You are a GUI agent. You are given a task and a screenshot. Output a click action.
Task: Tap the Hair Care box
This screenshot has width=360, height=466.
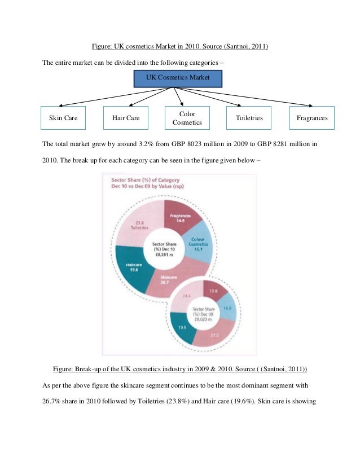(x=126, y=118)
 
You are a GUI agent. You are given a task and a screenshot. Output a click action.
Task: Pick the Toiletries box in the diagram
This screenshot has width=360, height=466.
(x=249, y=118)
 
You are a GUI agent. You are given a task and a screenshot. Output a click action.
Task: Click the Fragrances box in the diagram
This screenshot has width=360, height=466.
(x=312, y=118)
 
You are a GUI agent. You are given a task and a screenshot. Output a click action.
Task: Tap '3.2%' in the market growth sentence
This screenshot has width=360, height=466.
(x=143, y=144)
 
